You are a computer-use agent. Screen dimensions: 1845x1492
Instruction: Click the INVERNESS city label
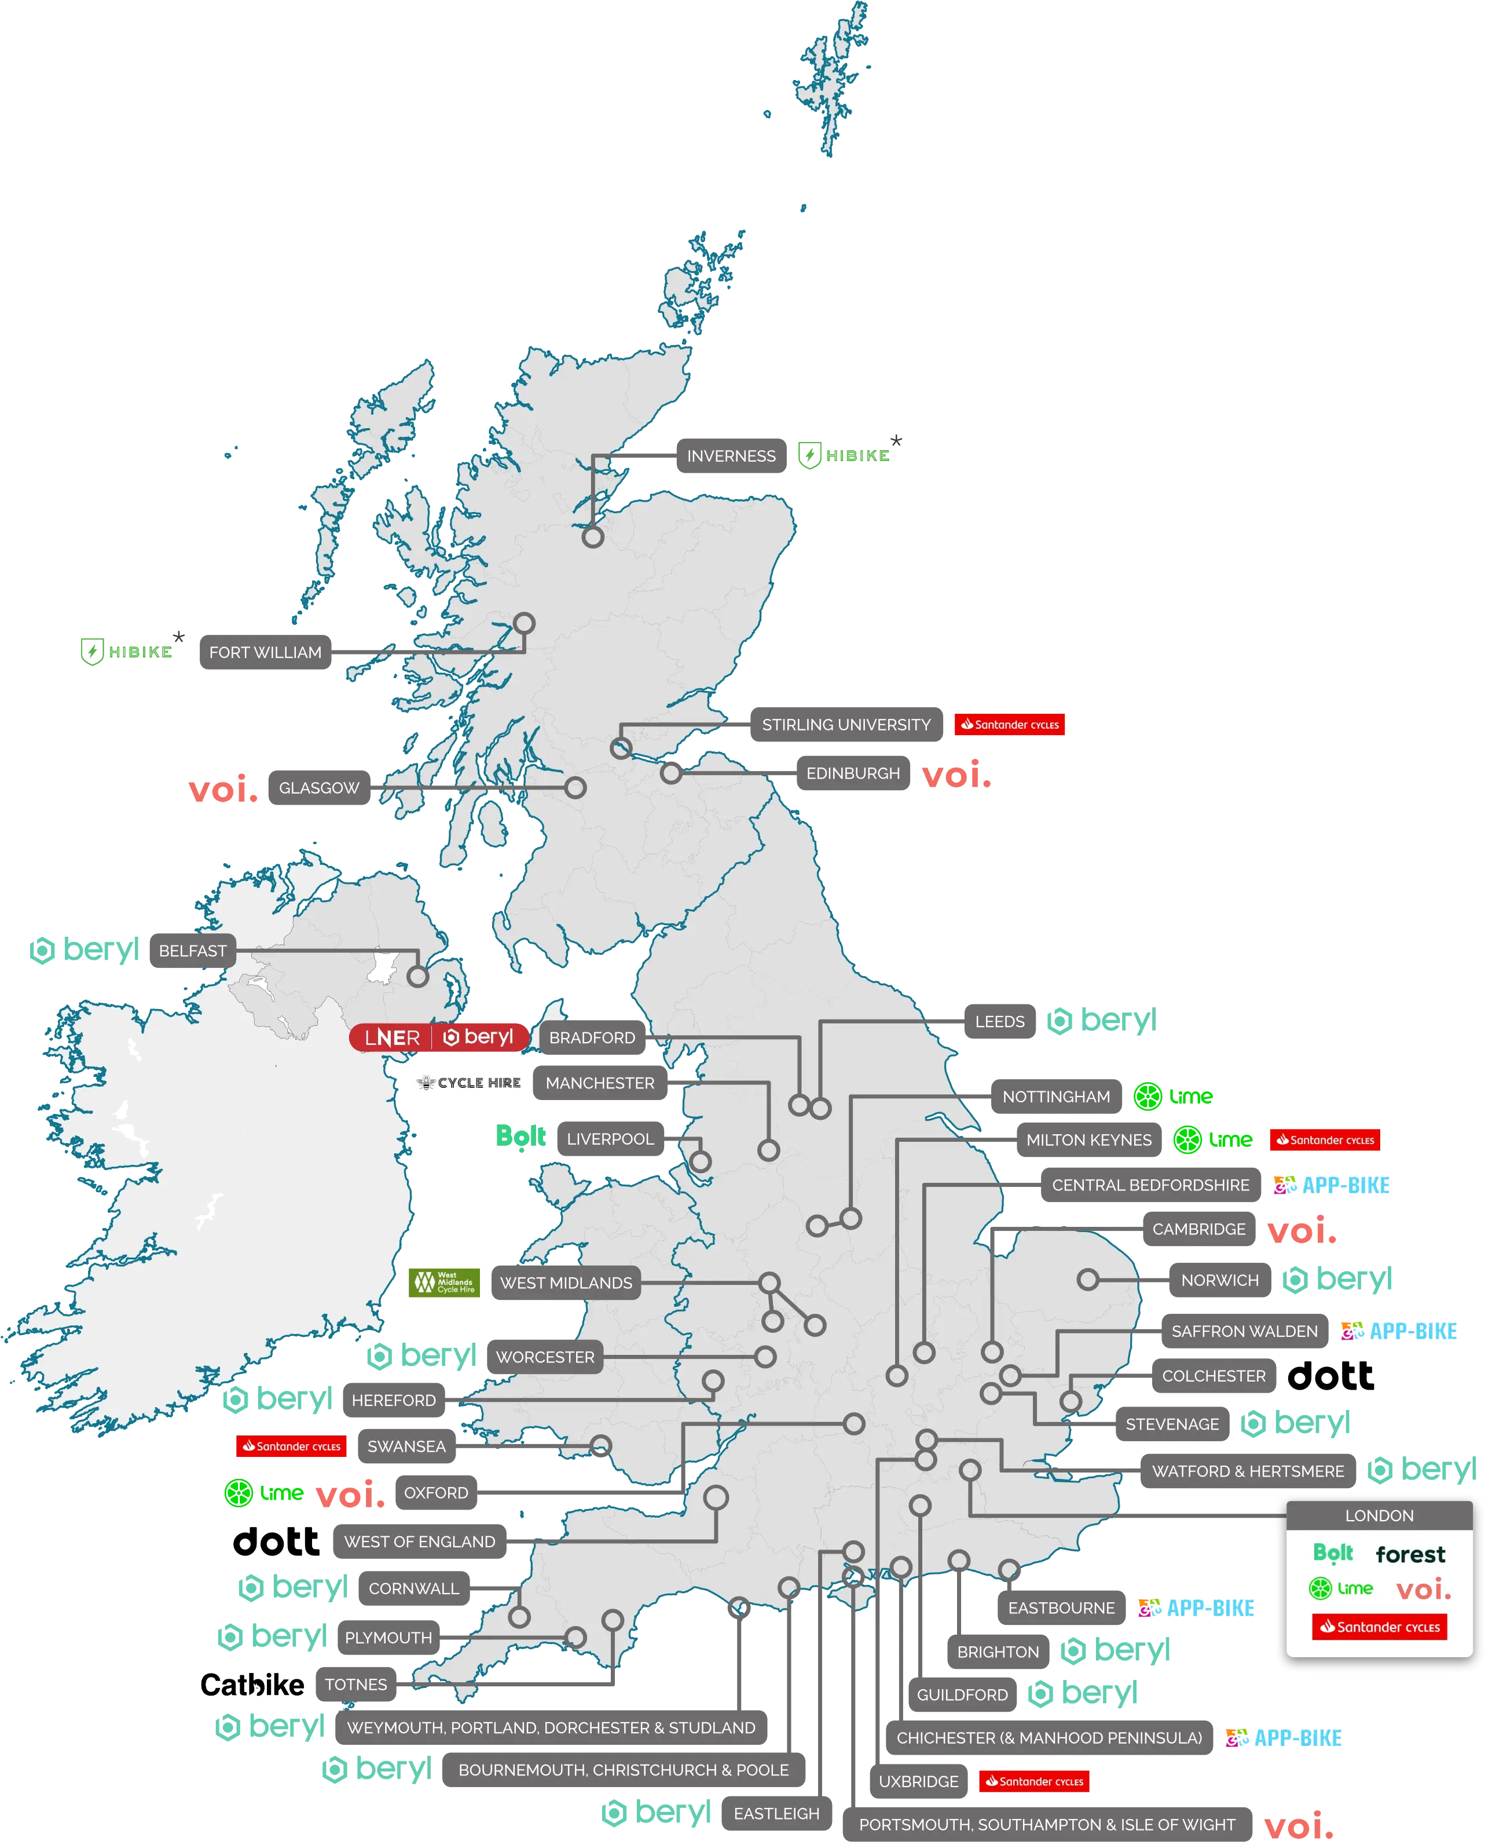coord(731,456)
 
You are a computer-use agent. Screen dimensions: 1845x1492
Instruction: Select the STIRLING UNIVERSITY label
coord(846,725)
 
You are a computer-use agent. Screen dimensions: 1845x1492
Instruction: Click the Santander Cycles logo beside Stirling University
coord(1010,725)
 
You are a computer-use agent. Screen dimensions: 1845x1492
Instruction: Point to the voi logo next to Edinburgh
coord(956,774)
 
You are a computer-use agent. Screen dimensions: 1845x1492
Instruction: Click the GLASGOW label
coord(319,787)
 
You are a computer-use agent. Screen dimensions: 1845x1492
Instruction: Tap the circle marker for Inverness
coord(593,538)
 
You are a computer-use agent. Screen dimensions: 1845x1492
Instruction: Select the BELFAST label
coord(193,951)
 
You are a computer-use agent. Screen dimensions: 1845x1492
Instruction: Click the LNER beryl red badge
coord(438,1037)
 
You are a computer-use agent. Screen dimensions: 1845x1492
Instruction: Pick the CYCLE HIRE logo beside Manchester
coord(470,1083)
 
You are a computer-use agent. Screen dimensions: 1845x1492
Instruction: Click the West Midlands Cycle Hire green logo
coord(444,1282)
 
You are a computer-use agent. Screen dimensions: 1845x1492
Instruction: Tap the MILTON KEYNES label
coord(1089,1140)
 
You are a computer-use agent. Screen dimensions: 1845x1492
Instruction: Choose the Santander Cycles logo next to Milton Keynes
coord(1325,1140)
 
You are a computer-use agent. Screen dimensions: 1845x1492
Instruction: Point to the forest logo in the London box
coord(1410,1554)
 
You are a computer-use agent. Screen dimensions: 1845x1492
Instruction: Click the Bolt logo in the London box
coord(1333,1552)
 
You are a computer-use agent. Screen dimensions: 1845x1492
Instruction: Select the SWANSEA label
coord(406,1446)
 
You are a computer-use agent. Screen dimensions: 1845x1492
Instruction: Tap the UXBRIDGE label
coord(918,1781)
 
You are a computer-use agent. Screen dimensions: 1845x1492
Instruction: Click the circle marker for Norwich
coord(1088,1280)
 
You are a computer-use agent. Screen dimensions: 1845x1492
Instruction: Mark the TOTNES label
coord(356,1684)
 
